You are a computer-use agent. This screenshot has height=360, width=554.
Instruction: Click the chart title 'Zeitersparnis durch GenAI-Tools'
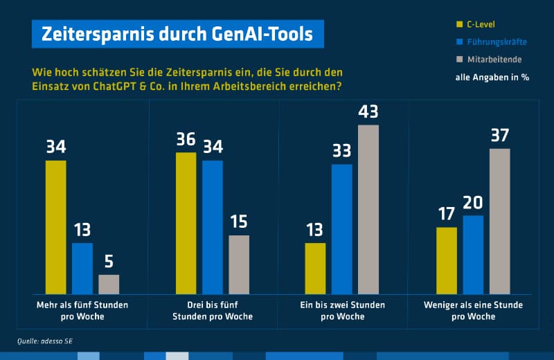pyautogui.click(x=177, y=34)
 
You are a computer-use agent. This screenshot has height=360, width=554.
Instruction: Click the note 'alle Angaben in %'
pyautogui.click(x=492, y=78)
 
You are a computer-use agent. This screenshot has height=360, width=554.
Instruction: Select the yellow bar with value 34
pyautogui.click(x=56, y=227)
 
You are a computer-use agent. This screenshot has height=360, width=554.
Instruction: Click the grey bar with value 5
pyautogui.click(x=109, y=284)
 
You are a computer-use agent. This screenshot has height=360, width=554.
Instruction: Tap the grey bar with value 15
pyautogui.click(x=239, y=264)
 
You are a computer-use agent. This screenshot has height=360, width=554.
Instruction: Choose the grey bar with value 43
pyautogui.click(x=368, y=209)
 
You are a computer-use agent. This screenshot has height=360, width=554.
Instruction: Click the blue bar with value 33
pyautogui.click(x=342, y=228)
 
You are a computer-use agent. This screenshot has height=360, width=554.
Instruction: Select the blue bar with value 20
pyautogui.click(x=473, y=254)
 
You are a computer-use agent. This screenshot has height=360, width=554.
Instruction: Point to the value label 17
pyautogui.click(x=447, y=215)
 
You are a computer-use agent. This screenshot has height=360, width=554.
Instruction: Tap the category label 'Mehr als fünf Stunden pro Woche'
pyautogui.click(x=82, y=310)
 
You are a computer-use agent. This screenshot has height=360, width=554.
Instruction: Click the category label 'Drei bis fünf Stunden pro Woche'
pyautogui.click(x=212, y=310)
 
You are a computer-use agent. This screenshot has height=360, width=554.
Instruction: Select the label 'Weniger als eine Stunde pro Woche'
pyautogui.click(x=473, y=310)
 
